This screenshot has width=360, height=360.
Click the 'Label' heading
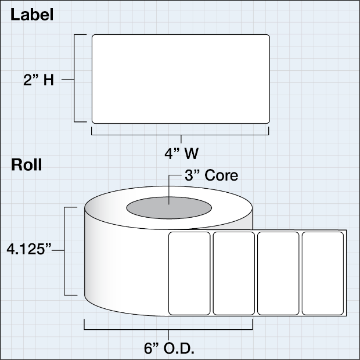32,15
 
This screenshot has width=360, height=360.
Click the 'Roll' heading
26,165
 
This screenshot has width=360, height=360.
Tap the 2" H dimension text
38,80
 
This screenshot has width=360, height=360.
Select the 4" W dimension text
181,154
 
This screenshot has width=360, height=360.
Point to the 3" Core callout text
211,175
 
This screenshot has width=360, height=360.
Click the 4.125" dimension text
29,249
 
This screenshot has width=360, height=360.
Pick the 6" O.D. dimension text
169,348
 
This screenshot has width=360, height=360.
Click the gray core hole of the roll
169,208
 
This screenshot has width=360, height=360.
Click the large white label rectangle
181,79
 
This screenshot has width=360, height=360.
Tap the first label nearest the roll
189,273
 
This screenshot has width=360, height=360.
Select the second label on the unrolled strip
234,273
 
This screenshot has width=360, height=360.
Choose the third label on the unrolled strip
278,273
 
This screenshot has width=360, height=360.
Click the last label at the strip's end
323,273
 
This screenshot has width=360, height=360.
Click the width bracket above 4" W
180,135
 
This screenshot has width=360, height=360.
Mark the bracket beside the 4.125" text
64,251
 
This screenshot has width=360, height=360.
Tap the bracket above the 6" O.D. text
168,329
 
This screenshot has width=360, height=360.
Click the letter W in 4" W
192,154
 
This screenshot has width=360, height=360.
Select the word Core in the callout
221,175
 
